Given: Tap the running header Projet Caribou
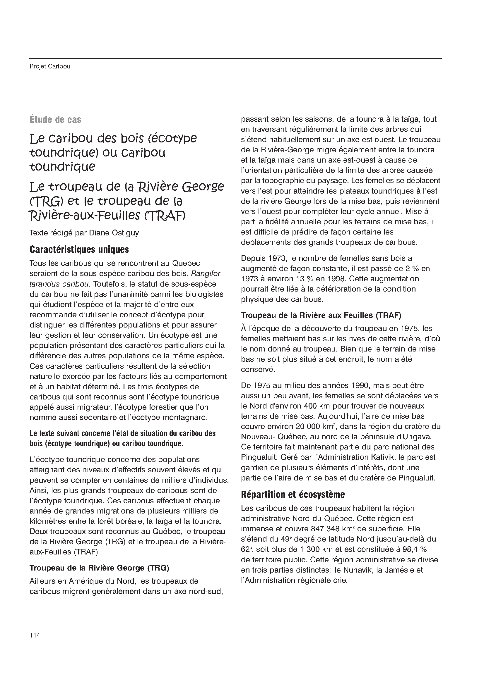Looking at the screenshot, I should coord(50,66).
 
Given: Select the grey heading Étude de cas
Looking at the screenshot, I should coord(55,120).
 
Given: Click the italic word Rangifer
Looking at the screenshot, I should coord(206,273).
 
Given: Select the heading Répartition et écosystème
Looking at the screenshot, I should coord(293,495).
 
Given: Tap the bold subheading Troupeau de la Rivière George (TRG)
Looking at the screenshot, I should coord(99,568).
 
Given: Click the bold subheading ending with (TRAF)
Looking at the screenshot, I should coord(321,315).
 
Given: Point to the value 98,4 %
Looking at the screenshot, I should coord(415,549).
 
